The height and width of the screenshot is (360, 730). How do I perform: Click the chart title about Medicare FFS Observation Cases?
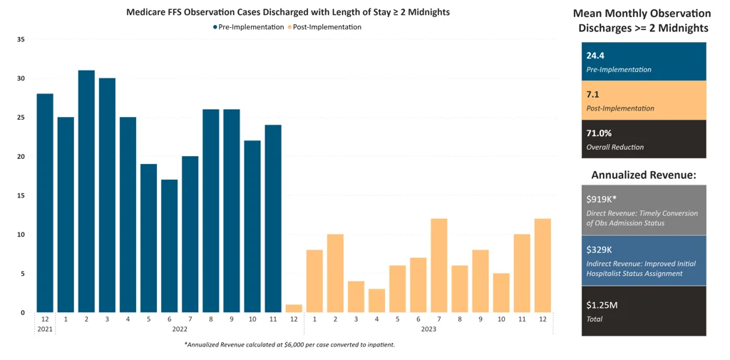287,12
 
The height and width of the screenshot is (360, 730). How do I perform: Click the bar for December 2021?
45,203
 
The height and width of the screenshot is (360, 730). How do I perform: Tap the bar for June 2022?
169,246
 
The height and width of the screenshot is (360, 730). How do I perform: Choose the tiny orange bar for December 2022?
294,309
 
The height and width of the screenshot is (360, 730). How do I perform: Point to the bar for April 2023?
376,300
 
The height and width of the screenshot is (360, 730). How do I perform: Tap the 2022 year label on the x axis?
180,329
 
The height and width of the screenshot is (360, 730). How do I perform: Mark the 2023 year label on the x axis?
428,329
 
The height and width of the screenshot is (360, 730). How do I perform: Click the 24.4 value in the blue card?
595,56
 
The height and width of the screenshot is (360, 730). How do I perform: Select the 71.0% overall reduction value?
599,133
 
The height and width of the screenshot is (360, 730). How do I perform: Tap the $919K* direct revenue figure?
601,199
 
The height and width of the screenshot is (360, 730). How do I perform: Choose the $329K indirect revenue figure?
599,250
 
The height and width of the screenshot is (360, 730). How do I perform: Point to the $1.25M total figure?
602,305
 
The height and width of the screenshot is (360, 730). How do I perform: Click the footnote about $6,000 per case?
289,345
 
